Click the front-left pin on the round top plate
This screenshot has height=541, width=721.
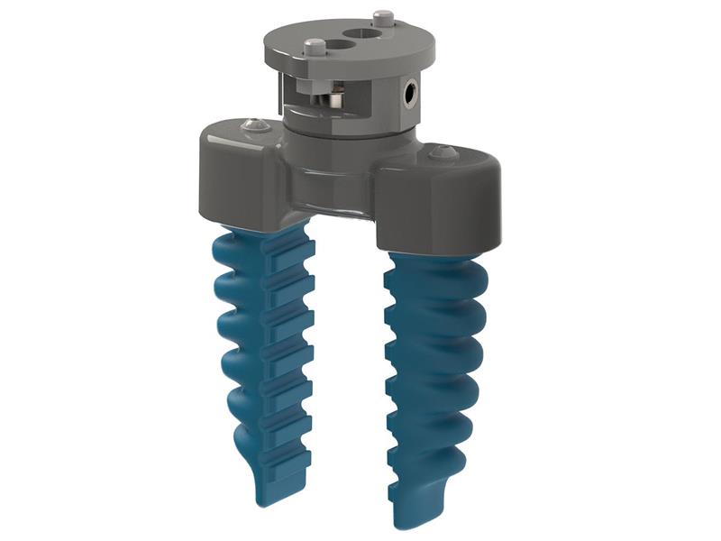click(x=315, y=46)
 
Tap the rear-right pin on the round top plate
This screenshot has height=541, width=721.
click(x=382, y=15)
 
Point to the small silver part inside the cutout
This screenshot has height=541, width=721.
click(x=336, y=96)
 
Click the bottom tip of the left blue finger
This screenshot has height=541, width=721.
click(x=278, y=494)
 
